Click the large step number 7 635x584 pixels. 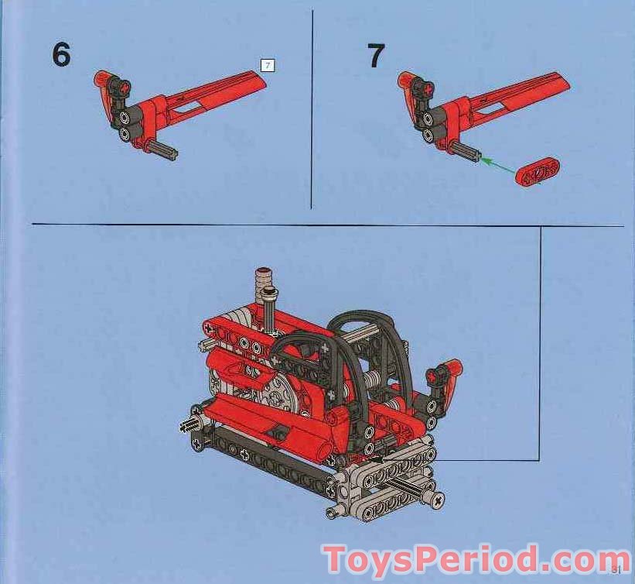point(376,56)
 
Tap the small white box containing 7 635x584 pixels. point(268,66)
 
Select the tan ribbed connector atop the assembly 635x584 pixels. point(262,278)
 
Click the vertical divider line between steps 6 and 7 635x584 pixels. point(311,108)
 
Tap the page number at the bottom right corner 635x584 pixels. point(616,571)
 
